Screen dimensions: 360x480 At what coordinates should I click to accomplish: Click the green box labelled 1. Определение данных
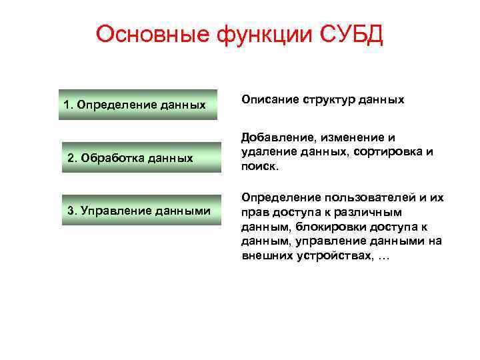point(137,105)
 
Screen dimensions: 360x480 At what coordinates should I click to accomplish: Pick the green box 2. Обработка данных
point(141,157)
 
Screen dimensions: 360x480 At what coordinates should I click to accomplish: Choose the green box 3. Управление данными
point(141,211)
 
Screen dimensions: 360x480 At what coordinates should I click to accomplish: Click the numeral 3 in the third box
point(71,211)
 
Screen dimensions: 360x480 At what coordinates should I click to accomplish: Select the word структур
point(327,99)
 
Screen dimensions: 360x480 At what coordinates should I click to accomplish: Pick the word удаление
point(266,151)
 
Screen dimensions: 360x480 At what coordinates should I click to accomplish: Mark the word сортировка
point(389,151)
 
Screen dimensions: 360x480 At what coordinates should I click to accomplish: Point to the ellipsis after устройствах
point(383,257)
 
